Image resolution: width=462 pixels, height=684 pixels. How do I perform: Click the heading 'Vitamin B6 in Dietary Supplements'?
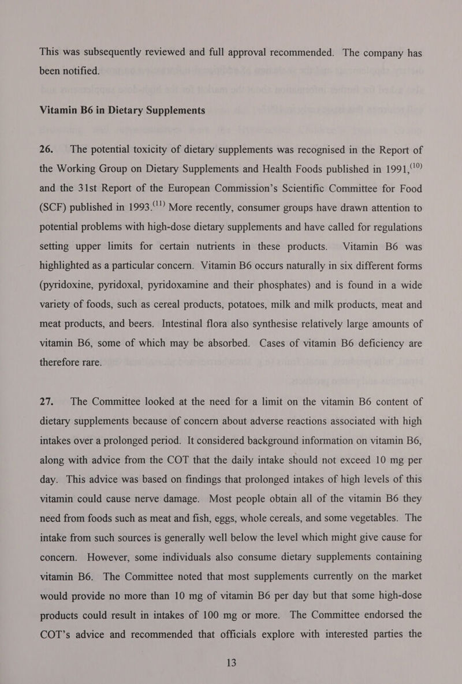122,110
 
